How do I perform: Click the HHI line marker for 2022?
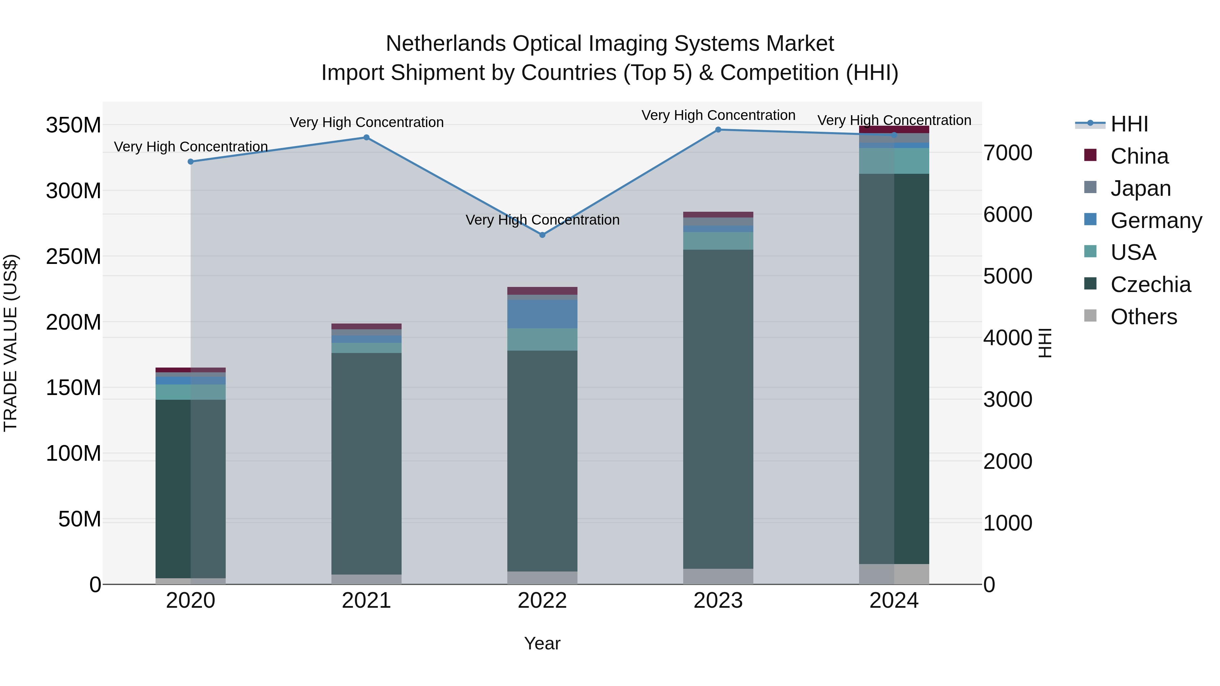542,235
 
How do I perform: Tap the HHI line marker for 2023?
718,130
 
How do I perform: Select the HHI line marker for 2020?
190,162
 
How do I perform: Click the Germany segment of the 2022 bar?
542,314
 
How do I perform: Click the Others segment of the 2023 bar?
718,576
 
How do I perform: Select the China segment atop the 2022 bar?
542,291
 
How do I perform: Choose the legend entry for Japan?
1140,188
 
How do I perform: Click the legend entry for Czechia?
1150,285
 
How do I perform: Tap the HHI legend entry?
1129,124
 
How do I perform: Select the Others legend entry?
1143,317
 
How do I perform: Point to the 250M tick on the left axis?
74,256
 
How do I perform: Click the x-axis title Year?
542,643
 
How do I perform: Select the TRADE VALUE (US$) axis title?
11,343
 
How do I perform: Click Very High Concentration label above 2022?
542,220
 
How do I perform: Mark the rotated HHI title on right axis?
1045,343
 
